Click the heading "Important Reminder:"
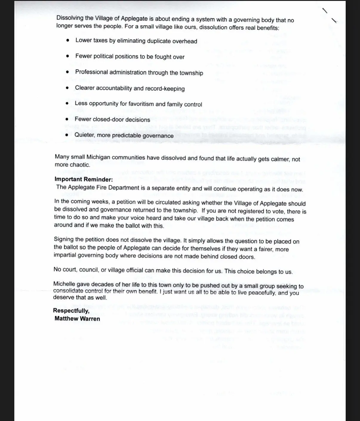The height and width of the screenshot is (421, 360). [84, 179]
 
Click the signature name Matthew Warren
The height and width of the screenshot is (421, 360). [77, 318]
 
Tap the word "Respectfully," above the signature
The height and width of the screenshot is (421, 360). [71, 311]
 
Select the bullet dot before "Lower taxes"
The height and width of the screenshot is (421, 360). [68, 40]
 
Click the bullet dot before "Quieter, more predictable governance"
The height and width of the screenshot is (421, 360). [67, 135]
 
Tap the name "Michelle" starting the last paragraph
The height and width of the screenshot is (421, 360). [64, 284]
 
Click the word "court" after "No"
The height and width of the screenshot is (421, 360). [70, 269]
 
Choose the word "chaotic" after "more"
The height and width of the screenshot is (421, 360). [80, 165]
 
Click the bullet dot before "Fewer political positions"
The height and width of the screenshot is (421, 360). [68, 56]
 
